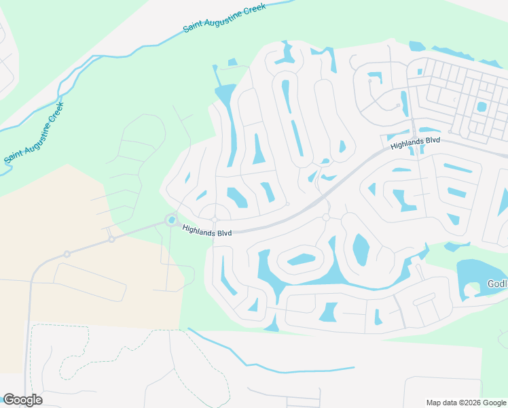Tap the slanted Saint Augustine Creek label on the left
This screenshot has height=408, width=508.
pos(33,133)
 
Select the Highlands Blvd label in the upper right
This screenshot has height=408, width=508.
pos(415,143)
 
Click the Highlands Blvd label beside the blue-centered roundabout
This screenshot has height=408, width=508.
pos(207,231)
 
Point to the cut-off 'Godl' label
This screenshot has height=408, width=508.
pos(497,284)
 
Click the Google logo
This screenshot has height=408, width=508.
pos(22,399)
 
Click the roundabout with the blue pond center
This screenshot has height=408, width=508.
pos(171,219)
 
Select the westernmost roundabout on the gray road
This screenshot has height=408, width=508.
pos(67,254)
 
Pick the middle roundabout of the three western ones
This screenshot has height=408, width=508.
pos(111,239)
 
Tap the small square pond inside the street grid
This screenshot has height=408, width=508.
pos(482,107)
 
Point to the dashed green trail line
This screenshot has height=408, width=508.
pos(102,354)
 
